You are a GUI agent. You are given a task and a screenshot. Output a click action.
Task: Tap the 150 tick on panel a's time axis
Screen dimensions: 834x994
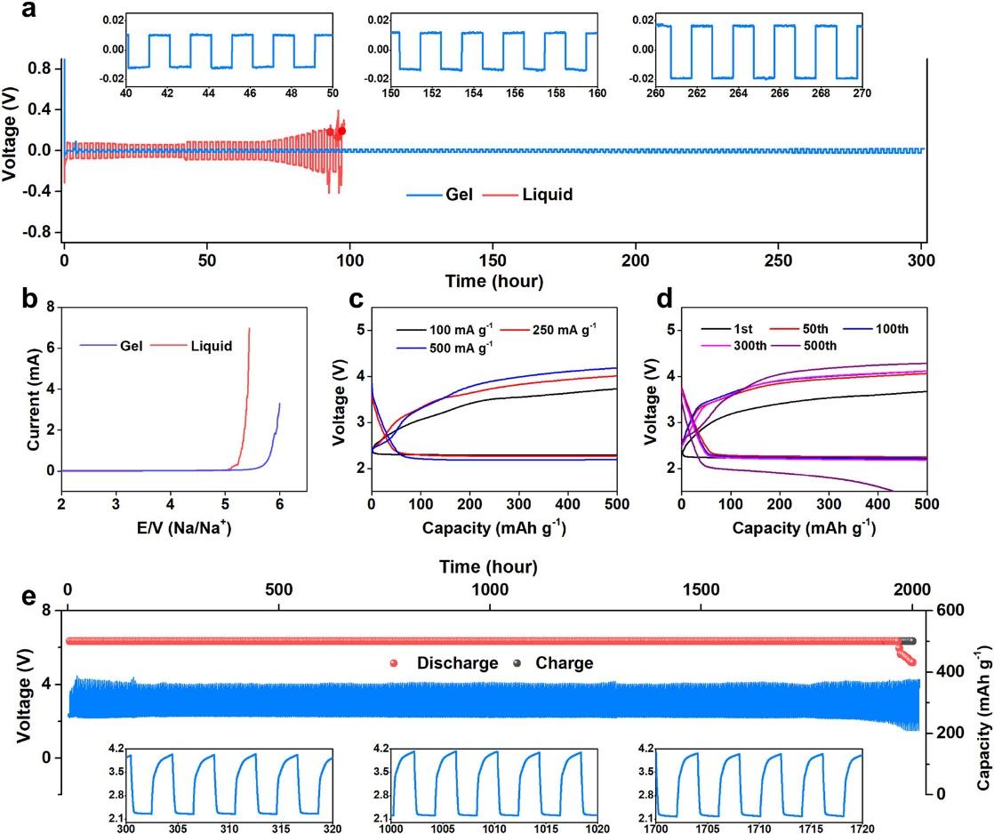tap(492, 262)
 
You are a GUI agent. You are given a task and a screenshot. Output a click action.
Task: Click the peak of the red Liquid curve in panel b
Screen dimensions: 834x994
tap(249, 328)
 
